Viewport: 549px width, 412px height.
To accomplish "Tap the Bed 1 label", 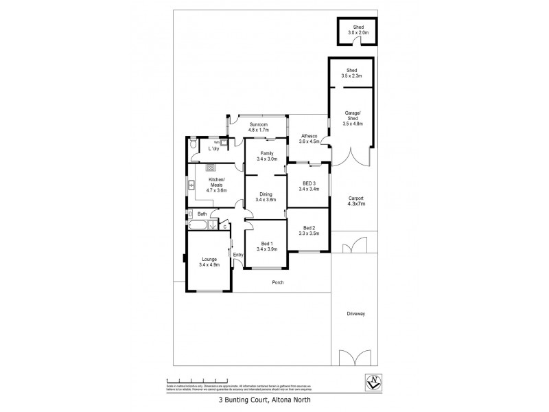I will point(267,244).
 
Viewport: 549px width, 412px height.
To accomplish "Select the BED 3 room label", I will point(309,183).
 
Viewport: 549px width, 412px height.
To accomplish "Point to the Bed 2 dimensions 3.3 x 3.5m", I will point(308,233).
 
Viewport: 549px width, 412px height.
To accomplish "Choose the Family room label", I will point(266,153).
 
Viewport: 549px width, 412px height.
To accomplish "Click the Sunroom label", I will point(258,124).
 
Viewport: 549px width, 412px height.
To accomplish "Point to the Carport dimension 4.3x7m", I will point(356,204).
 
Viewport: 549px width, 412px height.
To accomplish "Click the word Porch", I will point(278,282).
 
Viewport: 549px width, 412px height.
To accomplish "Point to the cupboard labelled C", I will point(224,225).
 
